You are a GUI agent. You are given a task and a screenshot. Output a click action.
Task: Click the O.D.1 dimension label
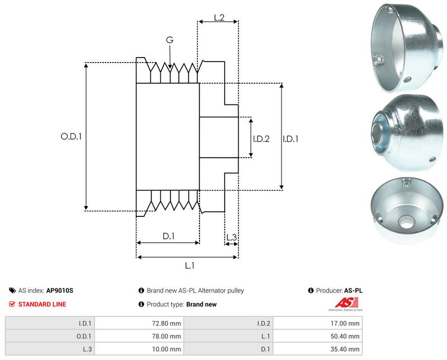pyautogui.click(x=71, y=136)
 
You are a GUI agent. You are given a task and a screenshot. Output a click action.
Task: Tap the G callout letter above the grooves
pyautogui.click(x=169, y=40)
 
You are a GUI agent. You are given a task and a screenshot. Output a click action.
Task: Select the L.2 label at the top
pyautogui.click(x=218, y=18)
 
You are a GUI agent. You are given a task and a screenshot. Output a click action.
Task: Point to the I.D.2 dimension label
pyautogui.click(x=261, y=139)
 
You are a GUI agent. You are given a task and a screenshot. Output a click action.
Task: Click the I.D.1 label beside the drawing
pyautogui.click(x=291, y=139)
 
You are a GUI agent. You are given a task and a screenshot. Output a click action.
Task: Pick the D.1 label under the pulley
pyautogui.click(x=168, y=236)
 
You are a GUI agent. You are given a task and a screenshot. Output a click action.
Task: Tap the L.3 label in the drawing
pyautogui.click(x=231, y=238)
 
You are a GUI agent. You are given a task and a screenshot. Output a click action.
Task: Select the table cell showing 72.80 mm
pyautogui.click(x=168, y=323)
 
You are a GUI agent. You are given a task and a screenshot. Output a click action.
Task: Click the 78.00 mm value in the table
pyautogui.click(x=168, y=336)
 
